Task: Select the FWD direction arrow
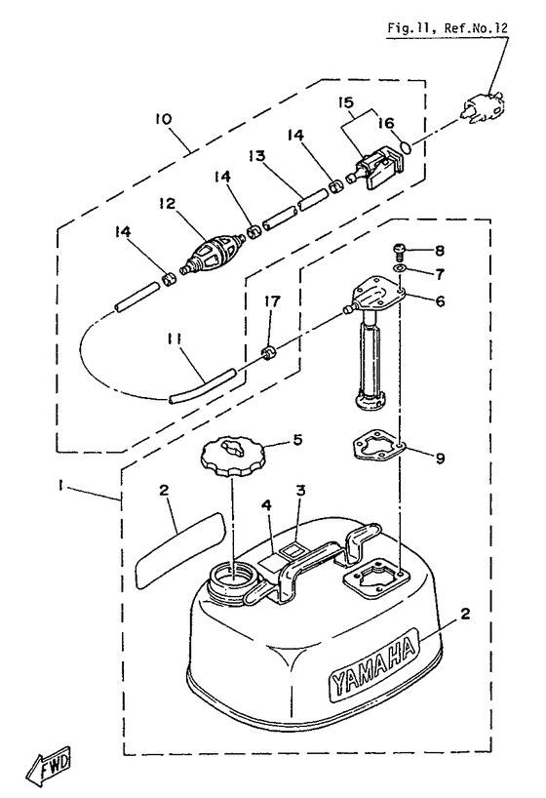(49, 765)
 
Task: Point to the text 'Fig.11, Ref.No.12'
(448, 27)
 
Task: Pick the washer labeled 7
(400, 268)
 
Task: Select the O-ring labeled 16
(406, 147)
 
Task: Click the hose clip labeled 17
(268, 351)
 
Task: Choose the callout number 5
(296, 439)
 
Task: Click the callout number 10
(164, 119)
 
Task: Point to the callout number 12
(167, 204)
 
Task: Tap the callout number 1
(60, 486)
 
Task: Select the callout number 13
(256, 155)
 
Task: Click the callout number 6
(440, 300)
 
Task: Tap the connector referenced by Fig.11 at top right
(484, 108)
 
